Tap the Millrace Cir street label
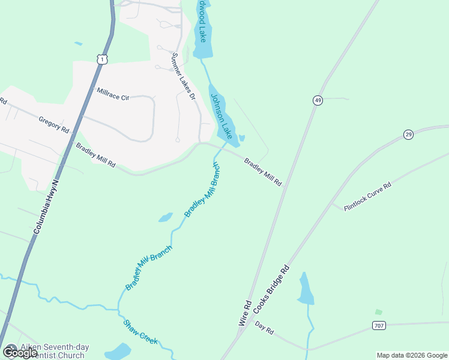pyautogui.click(x=113, y=94)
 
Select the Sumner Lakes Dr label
pyautogui.click(x=184, y=76)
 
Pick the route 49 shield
pyautogui.click(x=317, y=100)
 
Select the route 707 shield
pyautogui.click(x=378, y=326)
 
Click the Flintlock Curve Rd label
pyautogui.click(x=367, y=196)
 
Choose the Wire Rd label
pyautogui.click(x=244, y=313)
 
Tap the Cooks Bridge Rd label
pyautogui.click(x=271, y=289)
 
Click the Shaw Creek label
pyautogui.click(x=140, y=332)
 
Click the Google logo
pyautogui.click(x=19, y=352)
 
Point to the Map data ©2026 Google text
pyautogui.click(x=411, y=355)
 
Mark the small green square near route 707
pyautogui.click(x=378, y=312)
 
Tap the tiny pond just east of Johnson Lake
pyautogui.click(x=241, y=139)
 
